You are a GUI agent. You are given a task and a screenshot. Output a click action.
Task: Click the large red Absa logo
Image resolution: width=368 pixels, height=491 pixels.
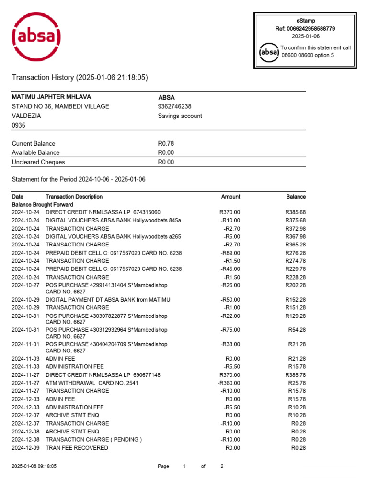(36, 37)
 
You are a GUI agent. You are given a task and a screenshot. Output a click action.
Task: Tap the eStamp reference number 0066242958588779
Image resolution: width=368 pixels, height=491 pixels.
(311, 29)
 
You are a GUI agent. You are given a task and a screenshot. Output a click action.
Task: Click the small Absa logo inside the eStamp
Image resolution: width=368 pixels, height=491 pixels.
(268, 52)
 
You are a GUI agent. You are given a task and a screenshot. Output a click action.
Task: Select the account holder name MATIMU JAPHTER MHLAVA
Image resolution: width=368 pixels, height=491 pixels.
(51, 97)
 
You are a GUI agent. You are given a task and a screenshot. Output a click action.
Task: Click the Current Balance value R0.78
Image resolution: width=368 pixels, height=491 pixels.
(166, 143)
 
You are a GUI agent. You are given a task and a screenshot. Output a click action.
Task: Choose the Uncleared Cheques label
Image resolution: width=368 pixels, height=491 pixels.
(38, 162)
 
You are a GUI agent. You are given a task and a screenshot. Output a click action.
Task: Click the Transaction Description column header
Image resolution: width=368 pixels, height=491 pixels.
(74, 197)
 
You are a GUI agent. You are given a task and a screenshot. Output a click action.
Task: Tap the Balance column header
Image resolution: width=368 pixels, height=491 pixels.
(296, 197)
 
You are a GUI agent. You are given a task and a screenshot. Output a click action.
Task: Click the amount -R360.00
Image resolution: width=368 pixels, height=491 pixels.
(229, 383)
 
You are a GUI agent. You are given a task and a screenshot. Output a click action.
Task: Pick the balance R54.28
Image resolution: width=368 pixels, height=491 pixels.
(297, 330)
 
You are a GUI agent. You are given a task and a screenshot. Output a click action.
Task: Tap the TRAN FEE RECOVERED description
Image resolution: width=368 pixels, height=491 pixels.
(77, 448)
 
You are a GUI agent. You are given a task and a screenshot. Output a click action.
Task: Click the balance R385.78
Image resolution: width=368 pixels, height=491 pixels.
(295, 374)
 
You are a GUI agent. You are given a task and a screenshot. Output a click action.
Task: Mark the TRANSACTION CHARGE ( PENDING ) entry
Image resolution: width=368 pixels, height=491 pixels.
(93, 440)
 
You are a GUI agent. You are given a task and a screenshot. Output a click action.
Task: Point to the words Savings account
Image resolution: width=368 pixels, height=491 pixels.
(180, 116)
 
